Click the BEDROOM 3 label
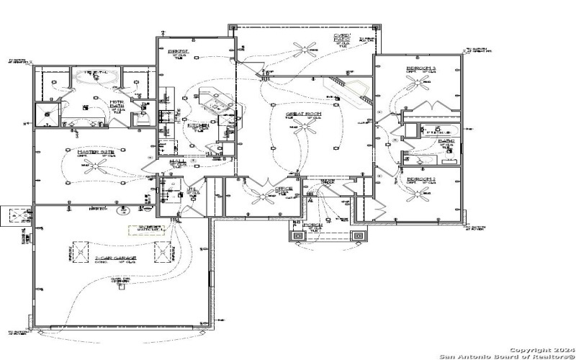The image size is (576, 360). coord(420,67)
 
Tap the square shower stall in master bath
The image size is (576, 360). coord(48,113)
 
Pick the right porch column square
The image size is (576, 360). coord(357,235)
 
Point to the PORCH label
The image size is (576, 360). coord(312,225)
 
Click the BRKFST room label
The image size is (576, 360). coord(178,52)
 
